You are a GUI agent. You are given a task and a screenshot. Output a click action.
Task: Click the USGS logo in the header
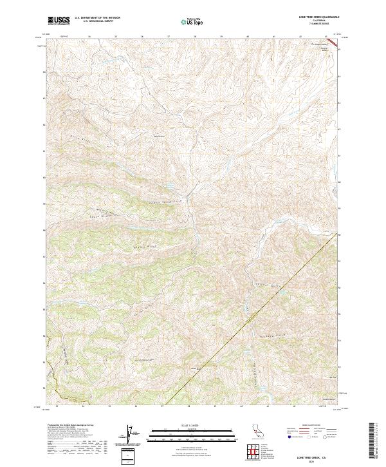pyautogui.click(x=59, y=21)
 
